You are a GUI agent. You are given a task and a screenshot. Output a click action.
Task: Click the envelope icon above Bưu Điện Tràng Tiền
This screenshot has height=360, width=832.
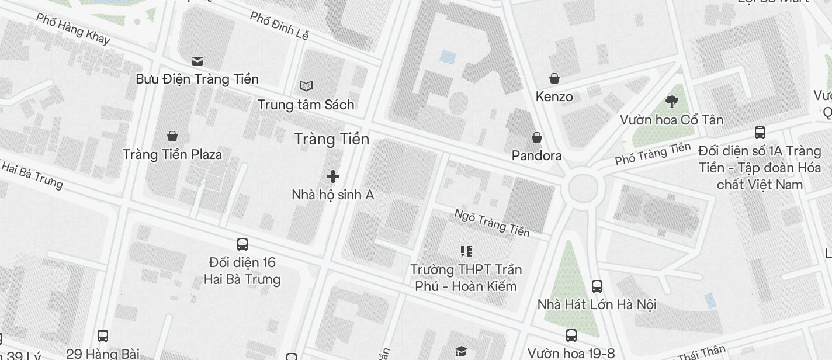pos(197,61)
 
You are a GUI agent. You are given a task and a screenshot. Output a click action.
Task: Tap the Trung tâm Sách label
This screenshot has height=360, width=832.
pos(306,105)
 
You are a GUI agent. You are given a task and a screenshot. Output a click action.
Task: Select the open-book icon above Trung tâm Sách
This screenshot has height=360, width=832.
pos(306,86)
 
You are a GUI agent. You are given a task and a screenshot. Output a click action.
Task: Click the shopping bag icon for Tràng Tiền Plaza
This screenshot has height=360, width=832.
pos(172,136)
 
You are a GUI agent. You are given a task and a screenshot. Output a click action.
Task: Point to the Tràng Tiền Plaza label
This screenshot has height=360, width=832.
pos(172,154)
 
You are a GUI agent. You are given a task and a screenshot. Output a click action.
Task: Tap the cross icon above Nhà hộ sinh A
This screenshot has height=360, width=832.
pos(333,176)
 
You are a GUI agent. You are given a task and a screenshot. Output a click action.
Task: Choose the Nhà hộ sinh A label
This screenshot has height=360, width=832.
pos(332,195)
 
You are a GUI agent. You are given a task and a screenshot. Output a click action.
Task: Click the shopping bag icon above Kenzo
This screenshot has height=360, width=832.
pos(554,78)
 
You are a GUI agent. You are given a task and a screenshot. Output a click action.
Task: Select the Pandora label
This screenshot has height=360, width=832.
pos(536,155)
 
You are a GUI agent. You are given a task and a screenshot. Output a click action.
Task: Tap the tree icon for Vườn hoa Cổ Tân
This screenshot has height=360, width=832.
pos(671,102)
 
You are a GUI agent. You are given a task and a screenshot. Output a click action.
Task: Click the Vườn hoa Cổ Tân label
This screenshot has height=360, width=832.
pos(671,120)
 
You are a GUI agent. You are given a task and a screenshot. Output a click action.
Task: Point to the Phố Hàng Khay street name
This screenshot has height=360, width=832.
pos(72,28)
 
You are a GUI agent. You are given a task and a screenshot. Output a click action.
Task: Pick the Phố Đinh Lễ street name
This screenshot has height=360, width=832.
pos(279,25)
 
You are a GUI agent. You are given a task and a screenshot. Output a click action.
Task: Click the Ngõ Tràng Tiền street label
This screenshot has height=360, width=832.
pos(492,223)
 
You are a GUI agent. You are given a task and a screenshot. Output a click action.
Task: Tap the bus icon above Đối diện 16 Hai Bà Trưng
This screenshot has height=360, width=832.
pos(242,244)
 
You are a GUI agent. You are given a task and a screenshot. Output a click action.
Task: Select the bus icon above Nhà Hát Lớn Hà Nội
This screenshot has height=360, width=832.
pos(597,286)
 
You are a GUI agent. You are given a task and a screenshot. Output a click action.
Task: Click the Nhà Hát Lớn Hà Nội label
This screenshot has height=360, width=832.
pos(597,304)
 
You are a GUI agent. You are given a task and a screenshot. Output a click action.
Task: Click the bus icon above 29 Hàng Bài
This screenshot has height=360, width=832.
pos(103,335)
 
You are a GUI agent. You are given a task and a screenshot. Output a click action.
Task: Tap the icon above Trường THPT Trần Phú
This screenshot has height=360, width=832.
pos(466,251)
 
